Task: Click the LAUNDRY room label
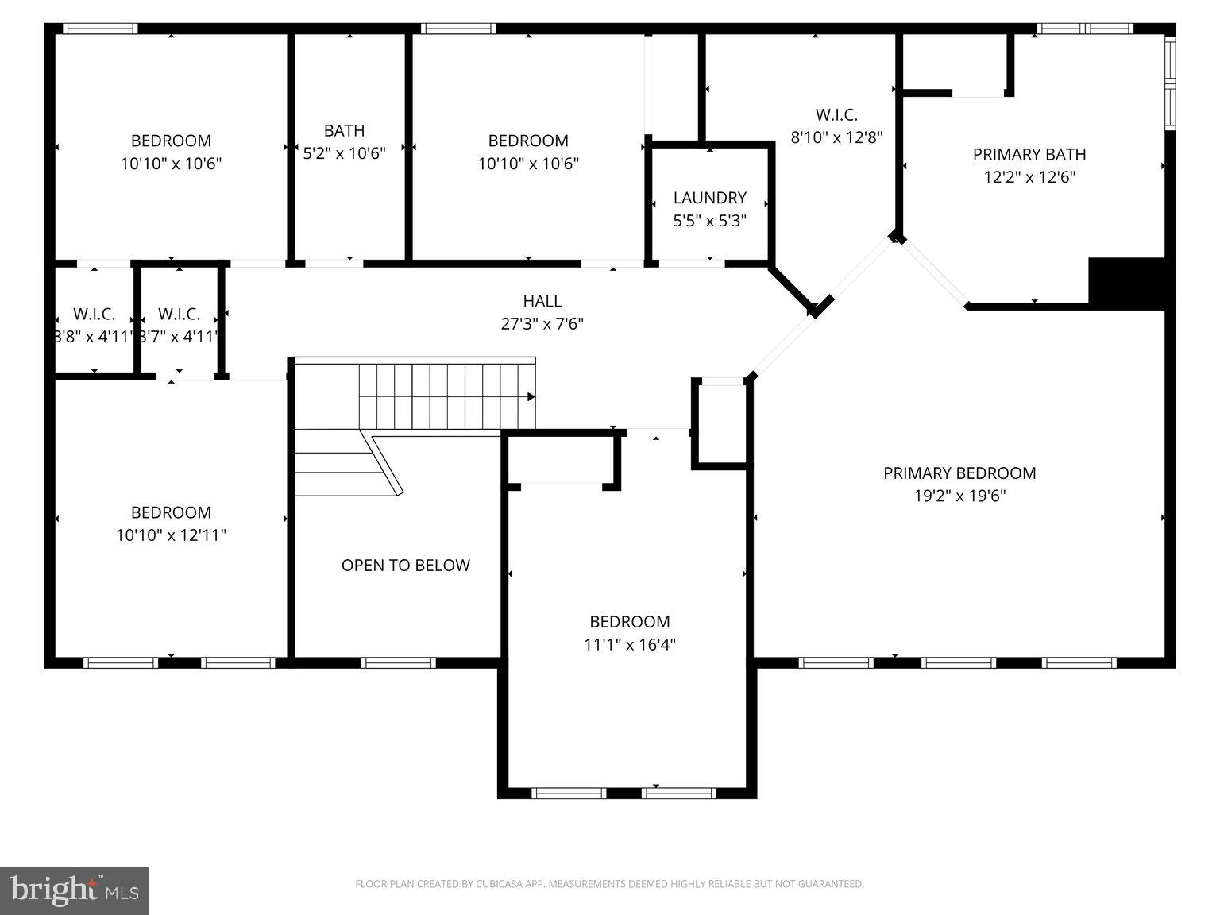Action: tap(709, 198)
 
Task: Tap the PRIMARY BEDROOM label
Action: tap(959, 473)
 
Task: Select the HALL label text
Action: tap(542, 301)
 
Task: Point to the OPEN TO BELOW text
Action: tap(405, 566)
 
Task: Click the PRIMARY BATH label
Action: tap(1029, 154)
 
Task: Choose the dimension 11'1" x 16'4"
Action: tap(630, 644)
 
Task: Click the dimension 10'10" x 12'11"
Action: tap(171, 535)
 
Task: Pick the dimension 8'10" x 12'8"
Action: tap(836, 137)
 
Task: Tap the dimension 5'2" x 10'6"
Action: tap(344, 152)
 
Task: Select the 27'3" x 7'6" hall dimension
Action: tap(542, 323)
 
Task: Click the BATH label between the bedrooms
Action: tap(344, 130)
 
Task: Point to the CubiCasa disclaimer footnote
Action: tap(609, 884)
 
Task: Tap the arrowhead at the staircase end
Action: tap(531, 396)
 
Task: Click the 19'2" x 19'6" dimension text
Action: tap(959, 496)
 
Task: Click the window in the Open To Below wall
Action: tap(398, 662)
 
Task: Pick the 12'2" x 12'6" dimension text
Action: tap(1029, 176)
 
